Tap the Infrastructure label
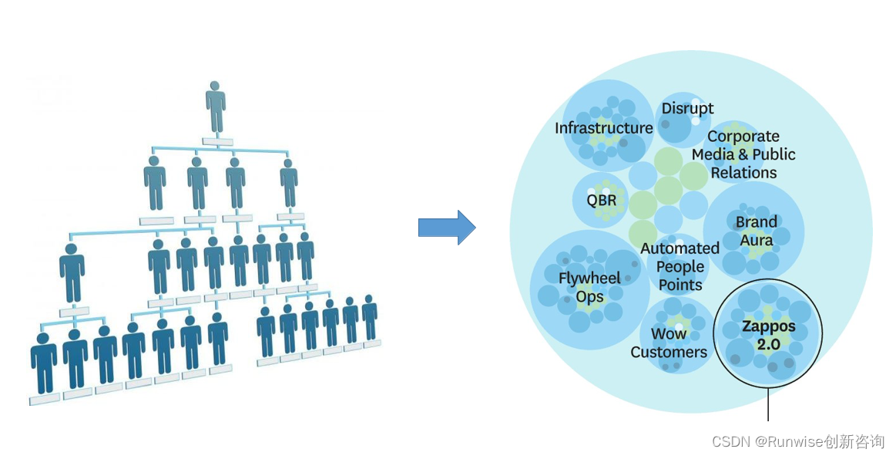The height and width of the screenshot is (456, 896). (x=603, y=128)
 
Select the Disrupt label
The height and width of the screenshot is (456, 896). (x=687, y=109)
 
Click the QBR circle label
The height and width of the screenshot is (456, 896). (x=601, y=201)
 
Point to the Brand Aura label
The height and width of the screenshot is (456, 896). (x=756, y=231)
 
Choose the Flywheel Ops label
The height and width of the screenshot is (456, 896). (x=589, y=287)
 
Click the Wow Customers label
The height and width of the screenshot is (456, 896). (x=668, y=343)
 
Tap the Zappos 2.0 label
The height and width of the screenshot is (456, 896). (x=768, y=336)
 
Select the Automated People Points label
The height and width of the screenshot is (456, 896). (x=680, y=266)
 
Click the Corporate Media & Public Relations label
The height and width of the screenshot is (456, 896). (x=743, y=154)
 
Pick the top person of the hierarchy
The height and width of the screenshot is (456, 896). (x=216, y=108)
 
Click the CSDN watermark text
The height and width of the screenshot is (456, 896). (x=797, y=441)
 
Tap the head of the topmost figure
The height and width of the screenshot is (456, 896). (x=216, y=86)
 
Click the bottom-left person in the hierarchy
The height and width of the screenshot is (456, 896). (x=44, y=361)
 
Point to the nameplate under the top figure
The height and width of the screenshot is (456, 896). (x=216, y=142)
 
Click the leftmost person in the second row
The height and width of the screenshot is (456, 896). (x=155, y=184)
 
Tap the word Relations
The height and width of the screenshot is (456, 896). (x=743, y=173)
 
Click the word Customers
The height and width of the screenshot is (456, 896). (x=668, y=353)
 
